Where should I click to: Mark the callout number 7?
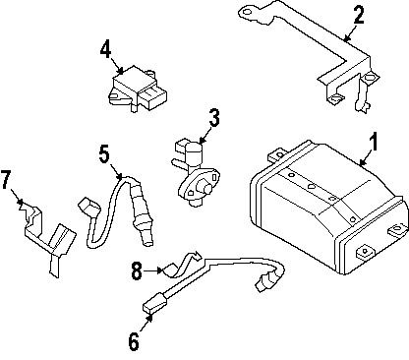pos(7,180)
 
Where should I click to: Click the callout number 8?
pos(138,267)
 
